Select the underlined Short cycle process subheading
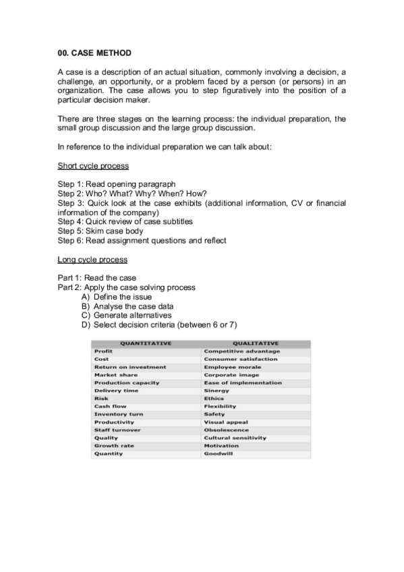click(93, 165)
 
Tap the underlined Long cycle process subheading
click(92, 259)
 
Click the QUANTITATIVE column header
click(145, 343)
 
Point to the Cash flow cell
click(110, 407)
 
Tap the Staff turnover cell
click(117, 430)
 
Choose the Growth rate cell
click(113, 446)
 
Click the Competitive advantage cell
click(241, 351)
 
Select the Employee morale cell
click(232, 367)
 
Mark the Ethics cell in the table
click(214, 399)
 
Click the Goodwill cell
click(217, 453)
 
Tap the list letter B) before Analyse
click(86, 306)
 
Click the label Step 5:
click(71, 231)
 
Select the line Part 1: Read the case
click(97, 278)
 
